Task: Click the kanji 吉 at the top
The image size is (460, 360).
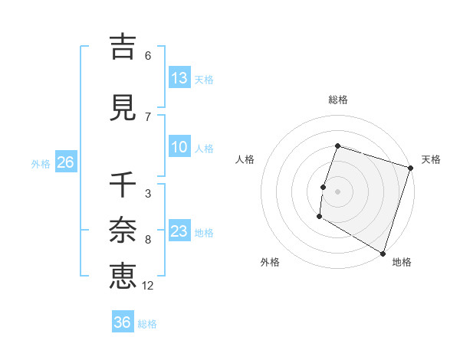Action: pyautogui.click(x=123, y=47)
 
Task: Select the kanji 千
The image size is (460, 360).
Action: pyautogui.click(x=123, y=185)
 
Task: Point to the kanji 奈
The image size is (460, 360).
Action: pyautogui.click(x=123, y=230)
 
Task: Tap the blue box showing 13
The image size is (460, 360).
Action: pyautogui.click(x=179, y=78)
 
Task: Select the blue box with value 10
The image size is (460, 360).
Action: pyautogui.click(x=179, y=148)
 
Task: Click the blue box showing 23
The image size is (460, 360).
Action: pyautogui.click(x=179, y=232)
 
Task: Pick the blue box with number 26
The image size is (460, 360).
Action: pyautogui.click(x=65, y=162)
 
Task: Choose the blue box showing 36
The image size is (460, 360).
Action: pyautogui.click(x=123, y=322)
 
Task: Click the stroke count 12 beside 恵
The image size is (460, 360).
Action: pyautogui.click(x=148, y=286)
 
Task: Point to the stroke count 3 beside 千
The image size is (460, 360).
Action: pyautogui.click(x=147, y=194)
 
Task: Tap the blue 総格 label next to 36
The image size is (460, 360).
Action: pyautogui.click(x=147, y=324)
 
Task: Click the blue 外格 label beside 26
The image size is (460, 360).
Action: pyautogui.click(x=41, y=164)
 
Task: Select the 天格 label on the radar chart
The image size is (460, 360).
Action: pyautogui.click(x=431, y=159)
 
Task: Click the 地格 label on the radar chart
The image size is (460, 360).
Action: pyautogui.click(x=402, y=262)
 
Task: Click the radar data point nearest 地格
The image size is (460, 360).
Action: pyautogui.click(x=382, y=252)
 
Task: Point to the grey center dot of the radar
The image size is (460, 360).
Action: pyautogui.click(x=337, y=191)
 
